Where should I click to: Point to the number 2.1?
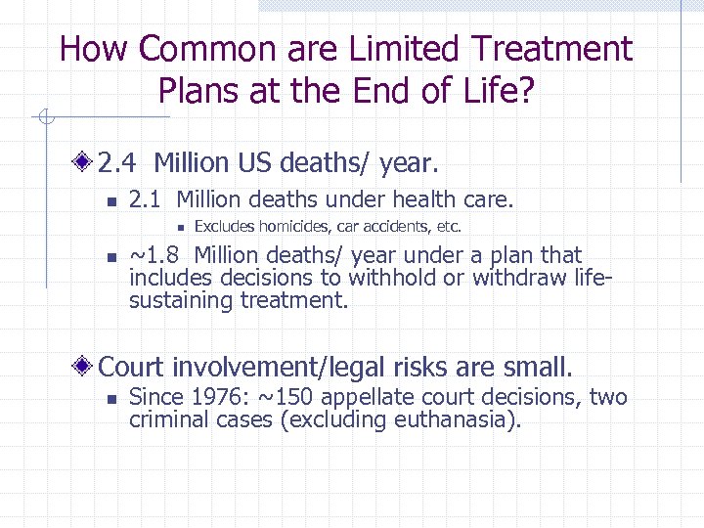[x=147, y=200]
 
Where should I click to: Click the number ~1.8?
[x=154, y=256]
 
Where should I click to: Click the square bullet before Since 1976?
[x=112, y=399]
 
